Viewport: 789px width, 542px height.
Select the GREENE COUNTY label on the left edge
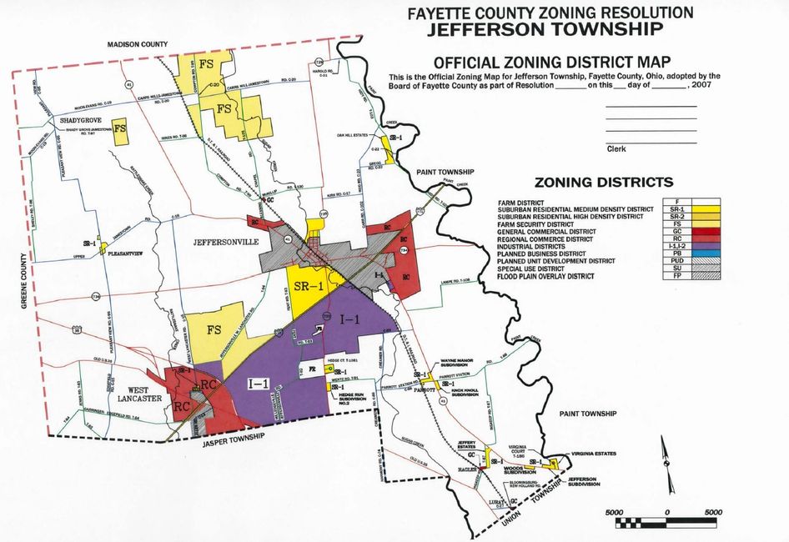[23, 275]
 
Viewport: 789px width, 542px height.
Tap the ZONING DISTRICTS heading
[604, 182]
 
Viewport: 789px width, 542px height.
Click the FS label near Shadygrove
[121, 129]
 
